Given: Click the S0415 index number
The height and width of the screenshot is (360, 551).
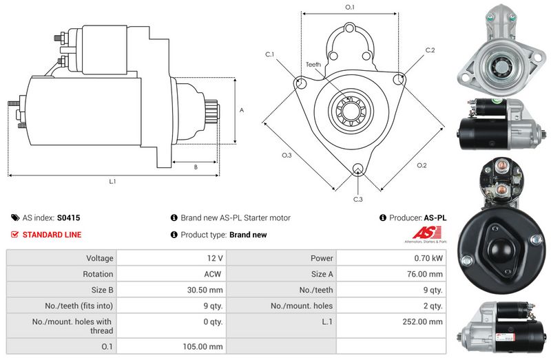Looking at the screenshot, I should (69, 218).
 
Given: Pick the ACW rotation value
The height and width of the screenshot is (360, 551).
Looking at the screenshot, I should (213, 274).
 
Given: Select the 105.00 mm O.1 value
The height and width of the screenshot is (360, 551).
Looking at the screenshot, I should (205, 346).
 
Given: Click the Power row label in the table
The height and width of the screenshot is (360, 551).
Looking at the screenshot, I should (322, 258).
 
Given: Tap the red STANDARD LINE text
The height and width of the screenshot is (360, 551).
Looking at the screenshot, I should (52, 235).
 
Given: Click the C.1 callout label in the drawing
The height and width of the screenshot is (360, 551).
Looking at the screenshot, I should (269, 54).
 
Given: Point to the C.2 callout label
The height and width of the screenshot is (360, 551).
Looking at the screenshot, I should (430, 50).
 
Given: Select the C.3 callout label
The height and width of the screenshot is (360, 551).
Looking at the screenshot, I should (358, 200).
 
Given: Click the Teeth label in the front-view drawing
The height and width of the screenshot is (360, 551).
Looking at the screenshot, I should (313, 65).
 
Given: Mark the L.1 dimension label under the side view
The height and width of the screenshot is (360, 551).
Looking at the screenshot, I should (112, 182).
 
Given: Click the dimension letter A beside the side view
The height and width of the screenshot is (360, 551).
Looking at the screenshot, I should (241, 110).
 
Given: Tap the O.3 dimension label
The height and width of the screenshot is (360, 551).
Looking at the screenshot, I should (287, 156).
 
